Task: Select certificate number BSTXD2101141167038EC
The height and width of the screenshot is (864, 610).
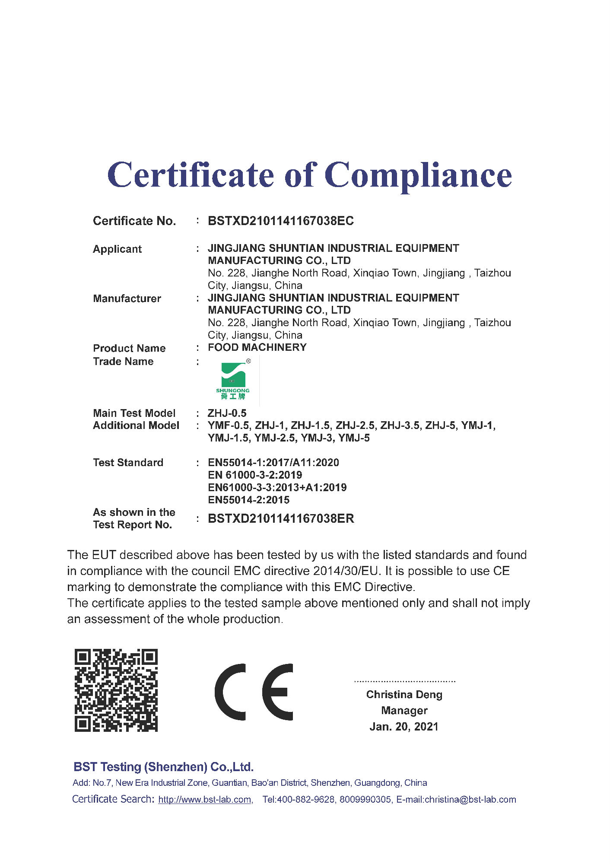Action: pyautogui.click(x=281, y=221)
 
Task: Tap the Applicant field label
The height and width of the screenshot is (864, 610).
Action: pyautogui.click(x=117, y=249)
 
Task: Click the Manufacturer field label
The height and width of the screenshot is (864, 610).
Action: pyautogui.click(x=127, y=299)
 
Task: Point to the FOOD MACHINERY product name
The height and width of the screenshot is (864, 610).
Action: pyautogui.click(x=257, y=348)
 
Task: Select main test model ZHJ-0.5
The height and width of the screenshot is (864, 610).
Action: pyautogui.click(x=227, y=413)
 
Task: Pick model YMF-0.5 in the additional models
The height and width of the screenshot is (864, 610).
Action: pyautogui.click(x=228, y=426)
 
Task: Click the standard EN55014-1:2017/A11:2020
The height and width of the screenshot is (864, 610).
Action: pyautogui.click(x=273, y=463)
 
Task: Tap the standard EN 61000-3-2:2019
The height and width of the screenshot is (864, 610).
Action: pyautogui.click(x=255, y=475)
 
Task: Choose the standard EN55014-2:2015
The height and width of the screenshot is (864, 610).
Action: pyautogui.click(x=248, y=500)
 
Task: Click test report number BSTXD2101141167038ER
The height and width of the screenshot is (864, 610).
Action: pyautogui.click(x=281, y=519)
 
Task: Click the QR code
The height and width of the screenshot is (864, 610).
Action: pyautogui.click(x=116, y=690)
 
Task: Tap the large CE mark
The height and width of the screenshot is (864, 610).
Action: pyautogui.click(x=254, y=692)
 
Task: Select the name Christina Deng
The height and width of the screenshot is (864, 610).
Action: pyautogui.click(x=404, y=695)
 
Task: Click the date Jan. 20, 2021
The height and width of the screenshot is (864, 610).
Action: pyautogui.click(x=404, y=727)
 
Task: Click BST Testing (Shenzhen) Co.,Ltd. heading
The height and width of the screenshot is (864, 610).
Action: pyautogui.click(x=164, y=767)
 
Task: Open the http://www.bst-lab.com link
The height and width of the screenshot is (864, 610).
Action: pyautogui.click(x=205, y=800)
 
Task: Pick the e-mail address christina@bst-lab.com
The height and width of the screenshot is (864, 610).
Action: pyautogui.click(x=470, y=800)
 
